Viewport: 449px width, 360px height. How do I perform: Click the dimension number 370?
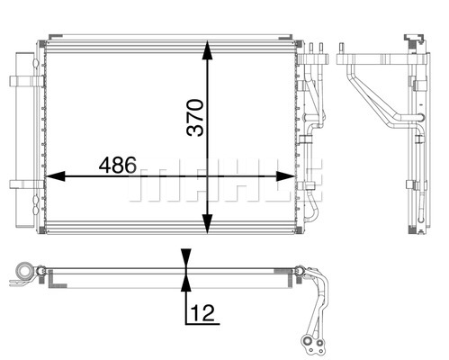coord(194,118)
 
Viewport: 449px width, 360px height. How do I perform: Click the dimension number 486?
coord(118,166)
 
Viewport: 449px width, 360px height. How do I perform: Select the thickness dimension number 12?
coord(202,313)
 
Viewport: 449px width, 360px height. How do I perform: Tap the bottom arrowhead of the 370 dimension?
coord(207,224)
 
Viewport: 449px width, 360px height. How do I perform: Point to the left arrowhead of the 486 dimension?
coord(55,176)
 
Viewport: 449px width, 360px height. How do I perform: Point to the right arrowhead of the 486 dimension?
coord(285,176)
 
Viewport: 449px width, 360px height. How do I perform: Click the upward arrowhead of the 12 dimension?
coord(186,283)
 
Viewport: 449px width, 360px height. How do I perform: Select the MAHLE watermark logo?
coord(226,180)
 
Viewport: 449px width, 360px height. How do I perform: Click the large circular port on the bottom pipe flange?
coord(308,341)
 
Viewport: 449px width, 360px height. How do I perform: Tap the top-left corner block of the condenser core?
coord(42,44)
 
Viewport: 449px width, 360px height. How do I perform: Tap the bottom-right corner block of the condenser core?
coord(299,230)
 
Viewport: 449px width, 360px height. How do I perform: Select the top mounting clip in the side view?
coord(414,40)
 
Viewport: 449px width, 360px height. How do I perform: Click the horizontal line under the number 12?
coord(202,324)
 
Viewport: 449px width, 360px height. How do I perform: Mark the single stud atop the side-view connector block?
coord(341,49)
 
